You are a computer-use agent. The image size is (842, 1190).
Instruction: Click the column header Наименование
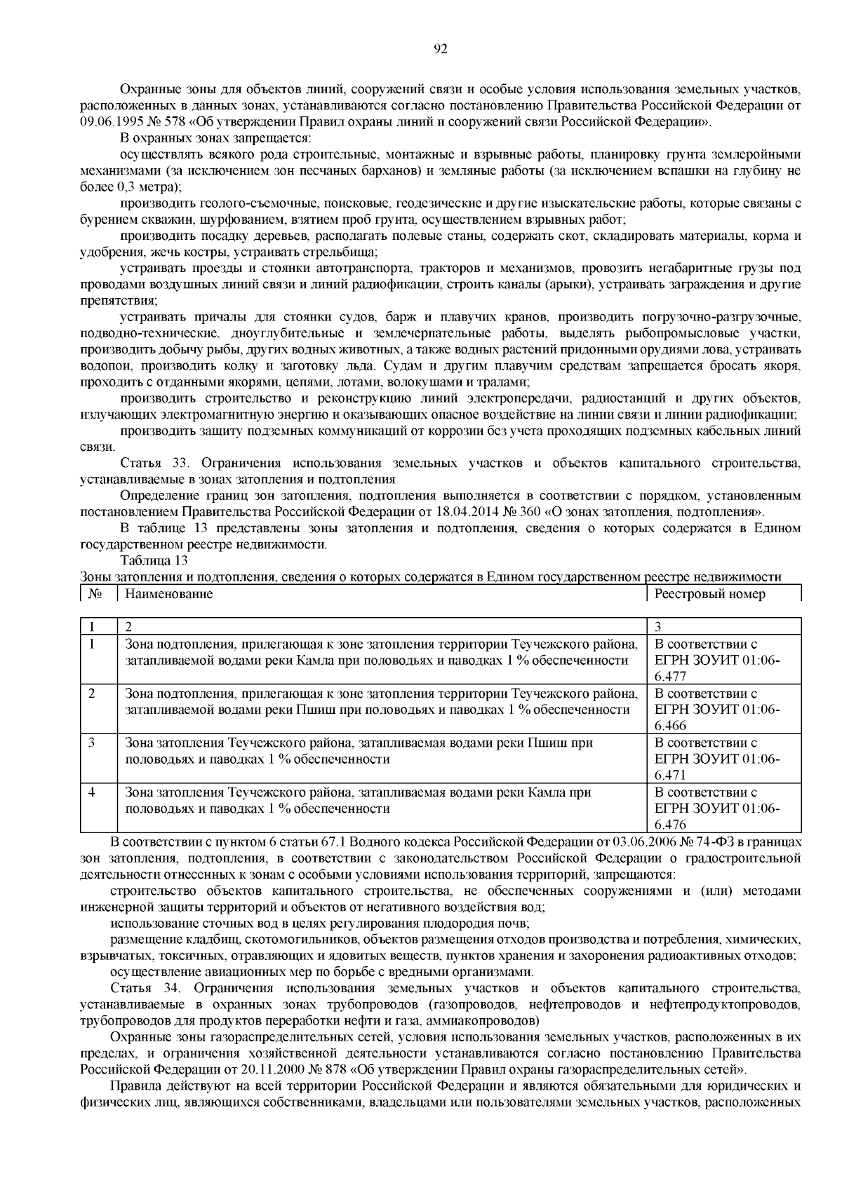[x=168, y=594]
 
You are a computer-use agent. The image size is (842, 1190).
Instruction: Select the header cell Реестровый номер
[x=709, y=594]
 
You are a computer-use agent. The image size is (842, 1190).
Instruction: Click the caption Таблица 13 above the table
[x=154, y=561]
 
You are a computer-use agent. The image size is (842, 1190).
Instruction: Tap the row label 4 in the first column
[x=92, y=792]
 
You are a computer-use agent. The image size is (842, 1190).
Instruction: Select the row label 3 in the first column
[x=92, y=742]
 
